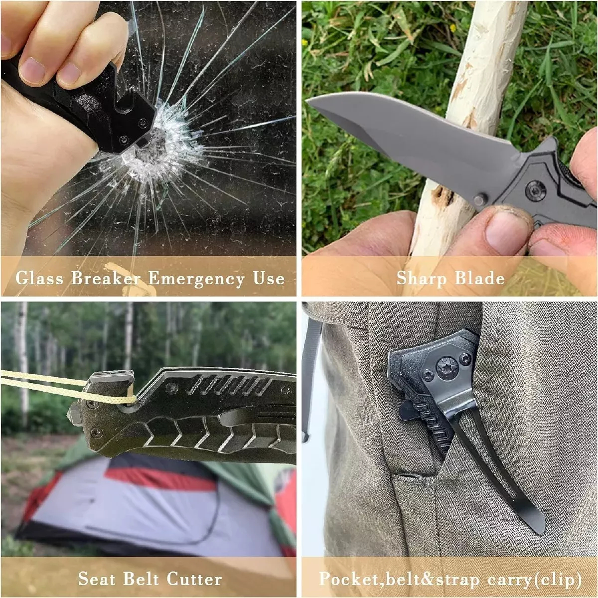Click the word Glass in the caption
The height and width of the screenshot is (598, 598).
39,278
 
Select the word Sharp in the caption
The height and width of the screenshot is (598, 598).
421,279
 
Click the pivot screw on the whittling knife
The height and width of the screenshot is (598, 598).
536,189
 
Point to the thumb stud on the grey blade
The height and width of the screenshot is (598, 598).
479,199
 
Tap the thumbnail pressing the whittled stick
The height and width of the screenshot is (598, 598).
502,233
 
